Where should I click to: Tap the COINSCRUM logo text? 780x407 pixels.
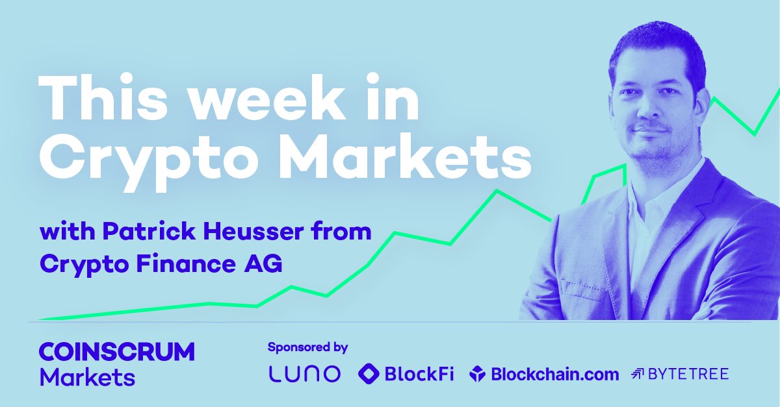[x=116, y=352]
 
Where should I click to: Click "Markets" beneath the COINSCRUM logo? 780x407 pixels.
[x=87, y=377]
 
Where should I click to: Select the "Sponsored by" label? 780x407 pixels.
[x=308, y=347]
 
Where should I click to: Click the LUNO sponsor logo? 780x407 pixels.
[x=305, y=374]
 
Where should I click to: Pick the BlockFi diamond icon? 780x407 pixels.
[x=369, y=374]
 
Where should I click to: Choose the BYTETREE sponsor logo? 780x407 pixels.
[x=680, y=374]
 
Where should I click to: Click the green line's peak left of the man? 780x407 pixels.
[x=497, y=191]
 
